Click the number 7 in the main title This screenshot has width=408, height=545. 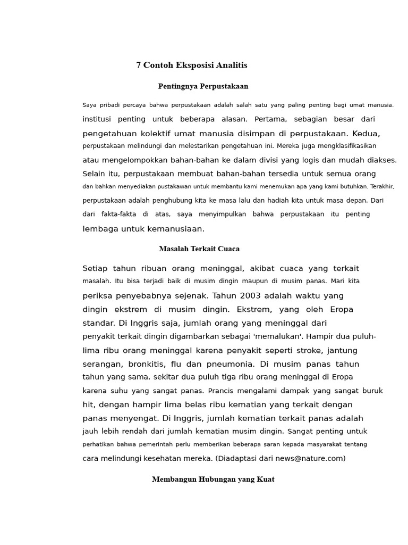pyautogui.click(x=139, y=65)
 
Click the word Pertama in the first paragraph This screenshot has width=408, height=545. pyautogui.click(x=270, y=119)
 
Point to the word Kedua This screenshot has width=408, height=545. pyautogui.click(x=367, y=133)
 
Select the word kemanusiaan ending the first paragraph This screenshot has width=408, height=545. pyautogui.click(x=177, y=229)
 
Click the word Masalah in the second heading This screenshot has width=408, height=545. pyautogui.click(x=173, y=249)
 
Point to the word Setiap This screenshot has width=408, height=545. pyautogui.click(x=95, y=268)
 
